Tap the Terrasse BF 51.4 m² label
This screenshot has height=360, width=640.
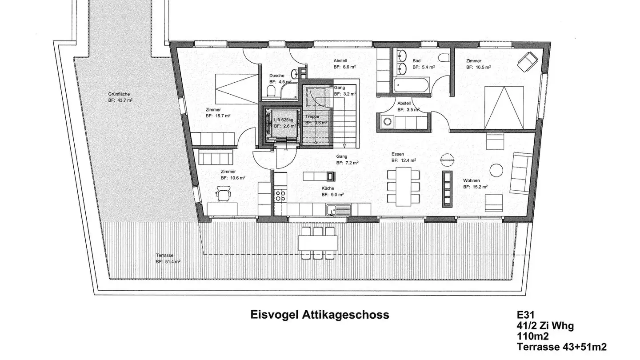click(168, 259)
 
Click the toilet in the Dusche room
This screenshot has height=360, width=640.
click(271, 92)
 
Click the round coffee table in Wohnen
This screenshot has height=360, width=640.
click(496, 169)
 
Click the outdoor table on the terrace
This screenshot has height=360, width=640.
click(317, 243)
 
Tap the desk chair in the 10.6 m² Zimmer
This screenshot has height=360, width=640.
click(223, 194)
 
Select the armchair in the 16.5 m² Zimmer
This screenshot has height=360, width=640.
click(527, 60)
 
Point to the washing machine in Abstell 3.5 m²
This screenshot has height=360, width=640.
click(388, 120)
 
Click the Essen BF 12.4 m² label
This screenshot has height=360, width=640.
click(404, 157)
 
